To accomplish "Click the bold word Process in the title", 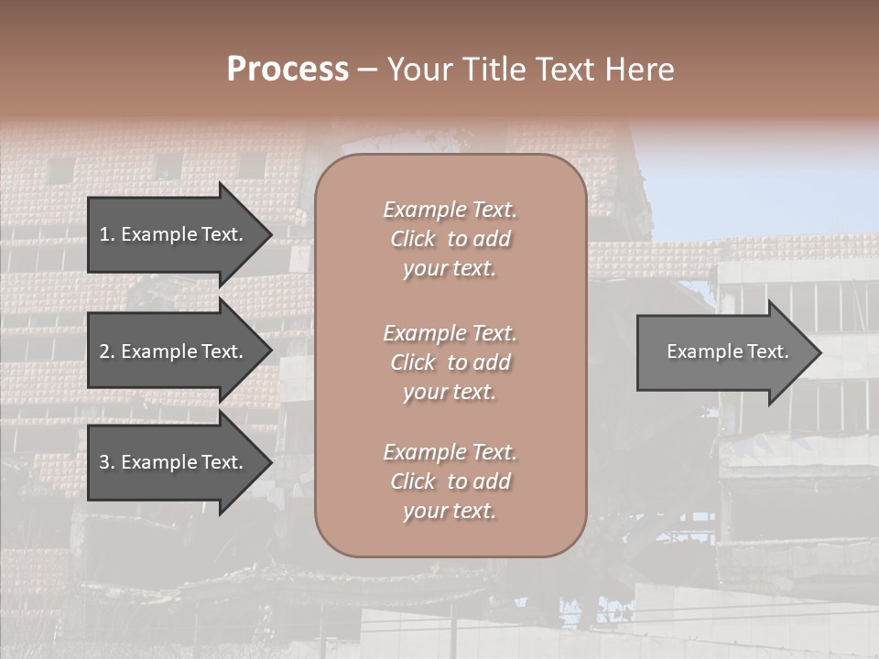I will tap(288, 69).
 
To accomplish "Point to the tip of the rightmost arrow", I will tap(819, 351).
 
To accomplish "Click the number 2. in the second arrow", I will tap(107, 351).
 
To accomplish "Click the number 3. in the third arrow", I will tap(107, 462).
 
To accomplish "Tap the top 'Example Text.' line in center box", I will tap(450, 210).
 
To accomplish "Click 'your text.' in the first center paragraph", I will tap(450, 268).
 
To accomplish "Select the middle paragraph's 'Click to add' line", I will tap(450, 362).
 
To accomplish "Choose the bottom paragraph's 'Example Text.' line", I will tap(450, 452).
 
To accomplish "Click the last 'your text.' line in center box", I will tap(450, 511).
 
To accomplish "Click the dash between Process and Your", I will tap(367, 69).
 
